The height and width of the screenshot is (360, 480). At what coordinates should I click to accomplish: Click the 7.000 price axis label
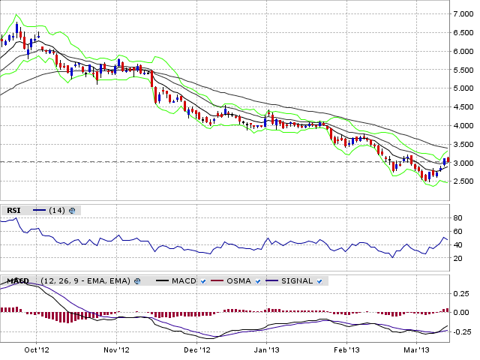click(463, 14)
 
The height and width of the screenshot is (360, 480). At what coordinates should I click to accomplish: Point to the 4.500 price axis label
click(463, 107)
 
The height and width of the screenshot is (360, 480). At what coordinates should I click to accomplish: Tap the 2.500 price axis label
click(463, 181)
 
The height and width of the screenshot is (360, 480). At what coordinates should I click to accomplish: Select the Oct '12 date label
click(37, 350)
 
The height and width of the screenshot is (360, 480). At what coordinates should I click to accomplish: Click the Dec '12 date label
click(198, 350)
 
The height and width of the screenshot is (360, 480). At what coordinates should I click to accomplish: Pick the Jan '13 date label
click(267, 350)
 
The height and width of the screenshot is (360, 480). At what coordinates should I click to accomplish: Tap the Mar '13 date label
click(417, 350)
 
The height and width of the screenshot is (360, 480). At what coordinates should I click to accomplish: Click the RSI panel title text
click(13, 211)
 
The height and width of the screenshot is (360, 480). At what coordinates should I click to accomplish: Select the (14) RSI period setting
click(57, 211)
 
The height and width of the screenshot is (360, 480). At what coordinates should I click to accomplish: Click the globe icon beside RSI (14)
click(72, 211)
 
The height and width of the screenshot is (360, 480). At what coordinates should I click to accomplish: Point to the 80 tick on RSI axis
click(457, 218)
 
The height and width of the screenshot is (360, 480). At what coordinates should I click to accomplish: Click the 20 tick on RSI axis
click(457, 259)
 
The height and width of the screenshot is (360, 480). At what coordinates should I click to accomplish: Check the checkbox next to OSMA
click(258, 281)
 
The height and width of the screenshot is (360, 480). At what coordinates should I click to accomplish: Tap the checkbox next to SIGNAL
click(319, 281)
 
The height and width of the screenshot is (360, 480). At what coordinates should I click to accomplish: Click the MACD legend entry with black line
click(176, 281)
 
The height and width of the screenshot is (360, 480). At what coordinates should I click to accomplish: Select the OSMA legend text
click(238, 281)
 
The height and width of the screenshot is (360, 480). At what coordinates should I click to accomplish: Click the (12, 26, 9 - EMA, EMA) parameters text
click(85, 281)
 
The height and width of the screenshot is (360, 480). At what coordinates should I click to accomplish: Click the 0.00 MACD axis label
click(461, 313)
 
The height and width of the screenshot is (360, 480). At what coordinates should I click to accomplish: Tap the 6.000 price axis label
click(463, 52)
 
